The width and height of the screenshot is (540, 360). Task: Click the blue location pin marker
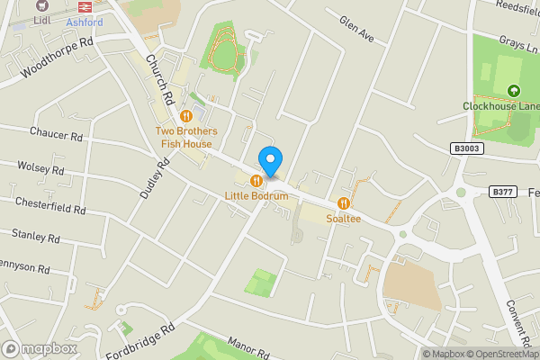[270, 161]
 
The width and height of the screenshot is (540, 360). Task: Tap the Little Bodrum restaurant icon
[256, 181]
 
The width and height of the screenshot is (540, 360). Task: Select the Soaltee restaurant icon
[343, 202]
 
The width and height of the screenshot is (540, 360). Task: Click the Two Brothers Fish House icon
[186, 115]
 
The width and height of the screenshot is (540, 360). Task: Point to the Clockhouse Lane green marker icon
[513, 90]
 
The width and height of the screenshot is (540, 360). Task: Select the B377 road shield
[503, 191]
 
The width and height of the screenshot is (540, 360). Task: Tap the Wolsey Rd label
[41, 167]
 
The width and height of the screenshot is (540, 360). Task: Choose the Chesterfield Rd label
[49, 204]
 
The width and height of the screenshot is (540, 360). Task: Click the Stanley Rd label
[36, 238]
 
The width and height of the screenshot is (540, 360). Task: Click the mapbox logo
[40, 348]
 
